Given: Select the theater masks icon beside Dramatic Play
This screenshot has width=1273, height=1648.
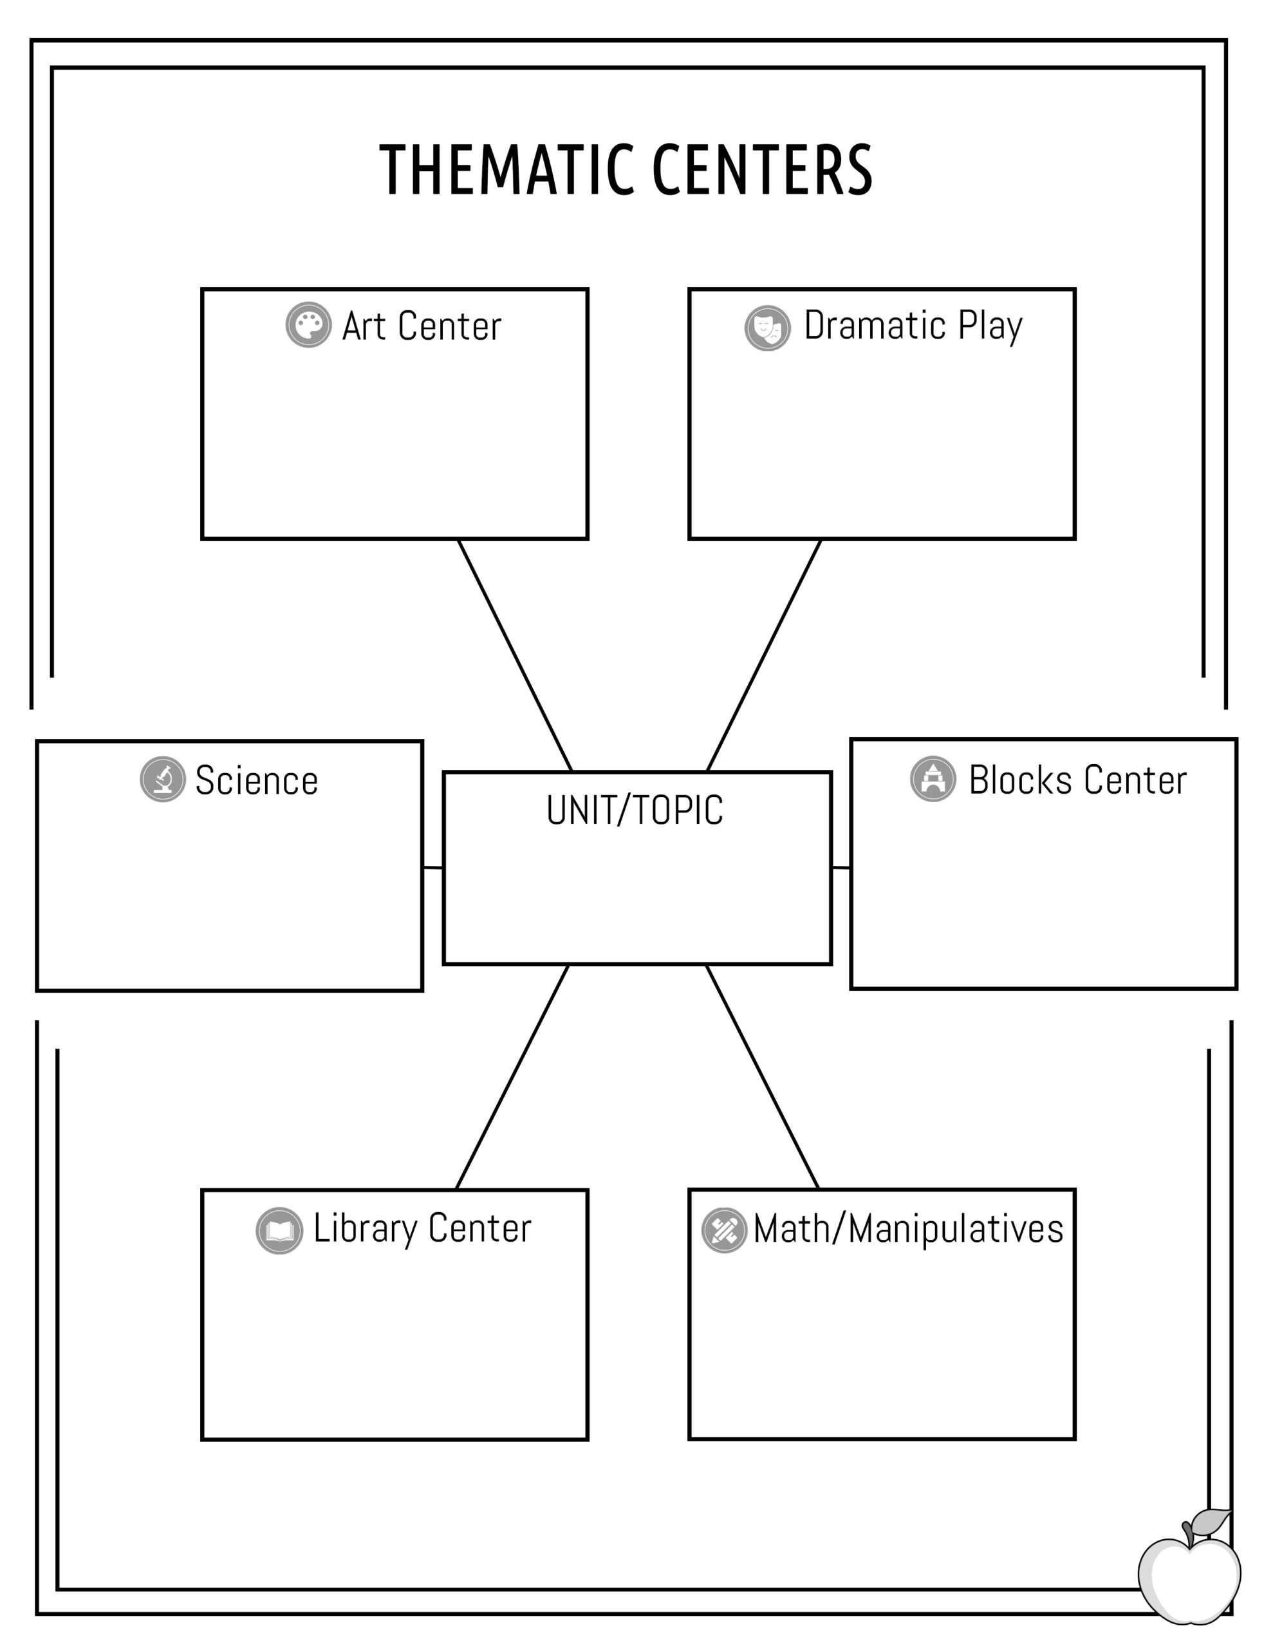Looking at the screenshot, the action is pos(767,328).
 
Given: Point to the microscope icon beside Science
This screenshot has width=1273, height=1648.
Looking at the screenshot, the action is pos(162,780).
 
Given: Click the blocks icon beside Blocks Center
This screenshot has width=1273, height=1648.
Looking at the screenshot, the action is pos(933,779).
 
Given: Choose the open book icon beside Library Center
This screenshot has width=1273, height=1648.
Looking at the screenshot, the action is pos(279,1231).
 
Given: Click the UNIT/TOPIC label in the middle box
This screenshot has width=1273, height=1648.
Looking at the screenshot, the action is pos(635,810).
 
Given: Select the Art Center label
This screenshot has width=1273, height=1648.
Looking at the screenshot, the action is pos(422,326).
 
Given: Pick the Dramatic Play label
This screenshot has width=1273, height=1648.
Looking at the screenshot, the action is pos(913,326).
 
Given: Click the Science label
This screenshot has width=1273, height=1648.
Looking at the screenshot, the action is pos(257,780).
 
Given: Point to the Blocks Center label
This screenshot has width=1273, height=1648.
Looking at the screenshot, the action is pos(1077,780).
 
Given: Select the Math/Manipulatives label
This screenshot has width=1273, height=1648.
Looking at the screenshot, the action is pos(909,1229).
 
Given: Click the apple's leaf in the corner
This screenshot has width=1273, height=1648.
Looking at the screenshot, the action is pos(1211,1520).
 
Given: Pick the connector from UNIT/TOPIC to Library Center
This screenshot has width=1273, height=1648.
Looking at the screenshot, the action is pos(512,1077).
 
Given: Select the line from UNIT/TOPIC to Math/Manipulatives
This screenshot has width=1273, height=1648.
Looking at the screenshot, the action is pos(762,1077).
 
